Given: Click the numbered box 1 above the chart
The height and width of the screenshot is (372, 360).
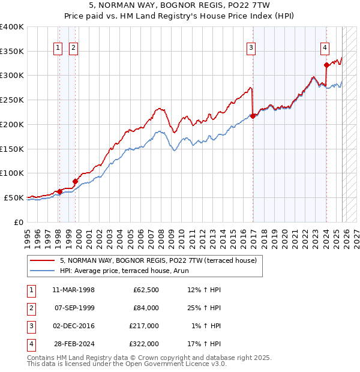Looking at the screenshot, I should tap(58, 49).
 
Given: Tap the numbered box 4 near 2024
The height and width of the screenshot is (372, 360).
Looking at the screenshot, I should tap(324, 49).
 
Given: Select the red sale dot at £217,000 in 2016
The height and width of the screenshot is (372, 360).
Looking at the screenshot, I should tap(253, 116).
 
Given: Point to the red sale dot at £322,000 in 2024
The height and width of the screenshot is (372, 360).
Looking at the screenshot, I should tap(326, 65).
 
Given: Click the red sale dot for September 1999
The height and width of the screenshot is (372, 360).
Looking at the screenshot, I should tap(75, 181).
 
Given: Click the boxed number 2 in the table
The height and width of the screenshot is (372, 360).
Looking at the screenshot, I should tap(31, 308).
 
